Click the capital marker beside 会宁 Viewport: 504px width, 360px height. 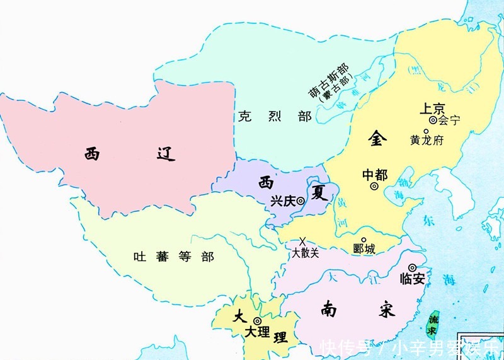click(x=433, y=120)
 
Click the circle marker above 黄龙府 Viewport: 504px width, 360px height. click(x=427, y=131)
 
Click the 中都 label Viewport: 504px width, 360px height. click(x=375, y=175)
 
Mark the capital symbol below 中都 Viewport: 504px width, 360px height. click(x=374, y=187)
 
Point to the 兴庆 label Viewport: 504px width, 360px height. click(x=282, y=201)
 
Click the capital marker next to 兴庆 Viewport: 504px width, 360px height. click(x=301, y=201)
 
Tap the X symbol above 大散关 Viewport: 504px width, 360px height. click(x=302, y=241)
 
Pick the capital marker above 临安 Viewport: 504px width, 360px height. click(x=413, y=267)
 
